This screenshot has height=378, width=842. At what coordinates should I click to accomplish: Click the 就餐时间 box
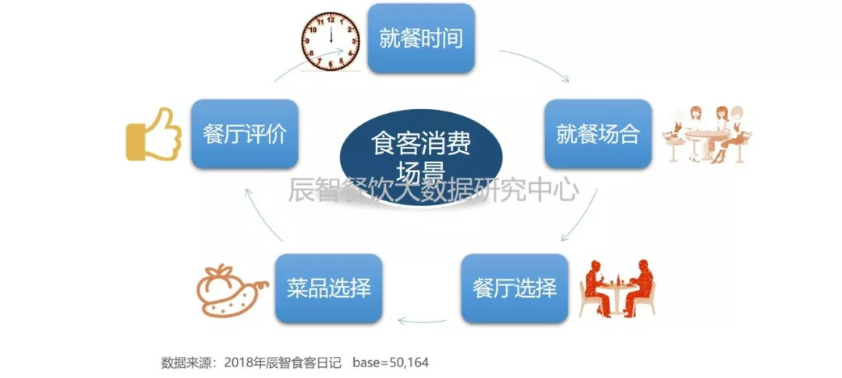coord(421,38)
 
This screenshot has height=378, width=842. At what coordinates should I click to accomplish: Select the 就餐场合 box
coord(598,134)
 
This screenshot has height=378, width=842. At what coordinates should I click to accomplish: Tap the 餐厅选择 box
coord(515,288)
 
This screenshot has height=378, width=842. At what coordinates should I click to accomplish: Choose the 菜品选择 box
coord(329,288)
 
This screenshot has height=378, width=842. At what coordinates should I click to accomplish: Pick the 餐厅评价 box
coord(244,134)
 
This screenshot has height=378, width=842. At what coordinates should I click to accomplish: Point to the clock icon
coord(331,41)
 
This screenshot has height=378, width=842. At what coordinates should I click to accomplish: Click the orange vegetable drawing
coord(231,290)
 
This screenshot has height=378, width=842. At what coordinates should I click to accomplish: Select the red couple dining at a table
coord(617,288)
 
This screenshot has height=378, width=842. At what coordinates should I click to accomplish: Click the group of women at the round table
coord(706,134)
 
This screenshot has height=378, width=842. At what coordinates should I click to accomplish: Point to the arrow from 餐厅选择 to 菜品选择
coord(422,322)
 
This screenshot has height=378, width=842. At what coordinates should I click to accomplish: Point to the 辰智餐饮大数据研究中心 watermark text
coord(434,189)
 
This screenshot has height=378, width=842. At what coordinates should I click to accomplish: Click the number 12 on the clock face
coord(331,19)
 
